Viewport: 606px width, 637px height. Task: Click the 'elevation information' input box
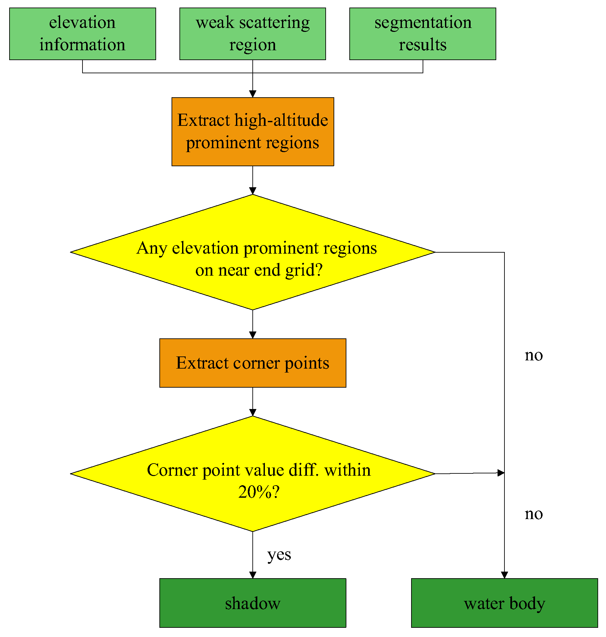[82, 34]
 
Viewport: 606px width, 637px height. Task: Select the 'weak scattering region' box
[252, 34]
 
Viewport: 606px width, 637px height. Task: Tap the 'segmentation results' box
[423, 34]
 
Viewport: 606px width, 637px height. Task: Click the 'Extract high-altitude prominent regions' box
[252, 131]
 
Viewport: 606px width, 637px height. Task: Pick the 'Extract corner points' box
[252, 363]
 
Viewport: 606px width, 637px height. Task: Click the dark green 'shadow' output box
[252, 603]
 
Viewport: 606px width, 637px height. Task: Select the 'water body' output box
[504, 603]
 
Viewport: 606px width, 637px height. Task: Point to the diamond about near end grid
[252, 252]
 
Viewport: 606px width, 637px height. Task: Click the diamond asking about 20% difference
[252, 473]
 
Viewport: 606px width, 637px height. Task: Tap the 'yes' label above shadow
[279, 555]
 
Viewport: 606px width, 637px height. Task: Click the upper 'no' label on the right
[533, 355]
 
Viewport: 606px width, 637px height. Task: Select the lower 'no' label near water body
[533, 514]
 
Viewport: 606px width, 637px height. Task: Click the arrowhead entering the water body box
[504, 575]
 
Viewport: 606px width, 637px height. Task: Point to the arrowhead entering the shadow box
[252, 575]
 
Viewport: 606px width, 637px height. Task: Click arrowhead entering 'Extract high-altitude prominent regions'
[252, 94]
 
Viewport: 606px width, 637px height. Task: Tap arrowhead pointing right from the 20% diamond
[501, 473]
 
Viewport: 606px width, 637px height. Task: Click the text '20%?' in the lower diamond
[259, 492]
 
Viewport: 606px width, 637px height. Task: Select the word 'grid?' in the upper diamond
[304, 270]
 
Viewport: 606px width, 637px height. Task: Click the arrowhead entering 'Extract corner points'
[252, 335]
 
